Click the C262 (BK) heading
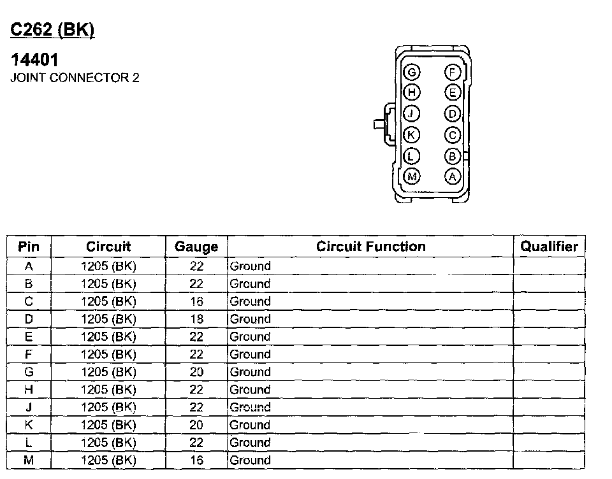53,31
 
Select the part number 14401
35,61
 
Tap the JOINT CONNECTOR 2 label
75,78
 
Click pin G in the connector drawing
412,72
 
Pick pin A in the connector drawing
453,176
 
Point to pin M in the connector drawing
412,176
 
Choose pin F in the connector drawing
453,72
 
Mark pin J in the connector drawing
412,114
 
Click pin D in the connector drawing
453,114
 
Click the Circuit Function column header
370,247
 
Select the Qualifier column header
549,247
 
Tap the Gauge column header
196,247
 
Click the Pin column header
29,247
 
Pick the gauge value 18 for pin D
196,319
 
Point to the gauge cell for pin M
196,461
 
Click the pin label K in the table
29,425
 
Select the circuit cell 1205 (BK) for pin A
108,266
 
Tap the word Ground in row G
250,372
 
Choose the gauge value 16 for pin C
196,301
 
